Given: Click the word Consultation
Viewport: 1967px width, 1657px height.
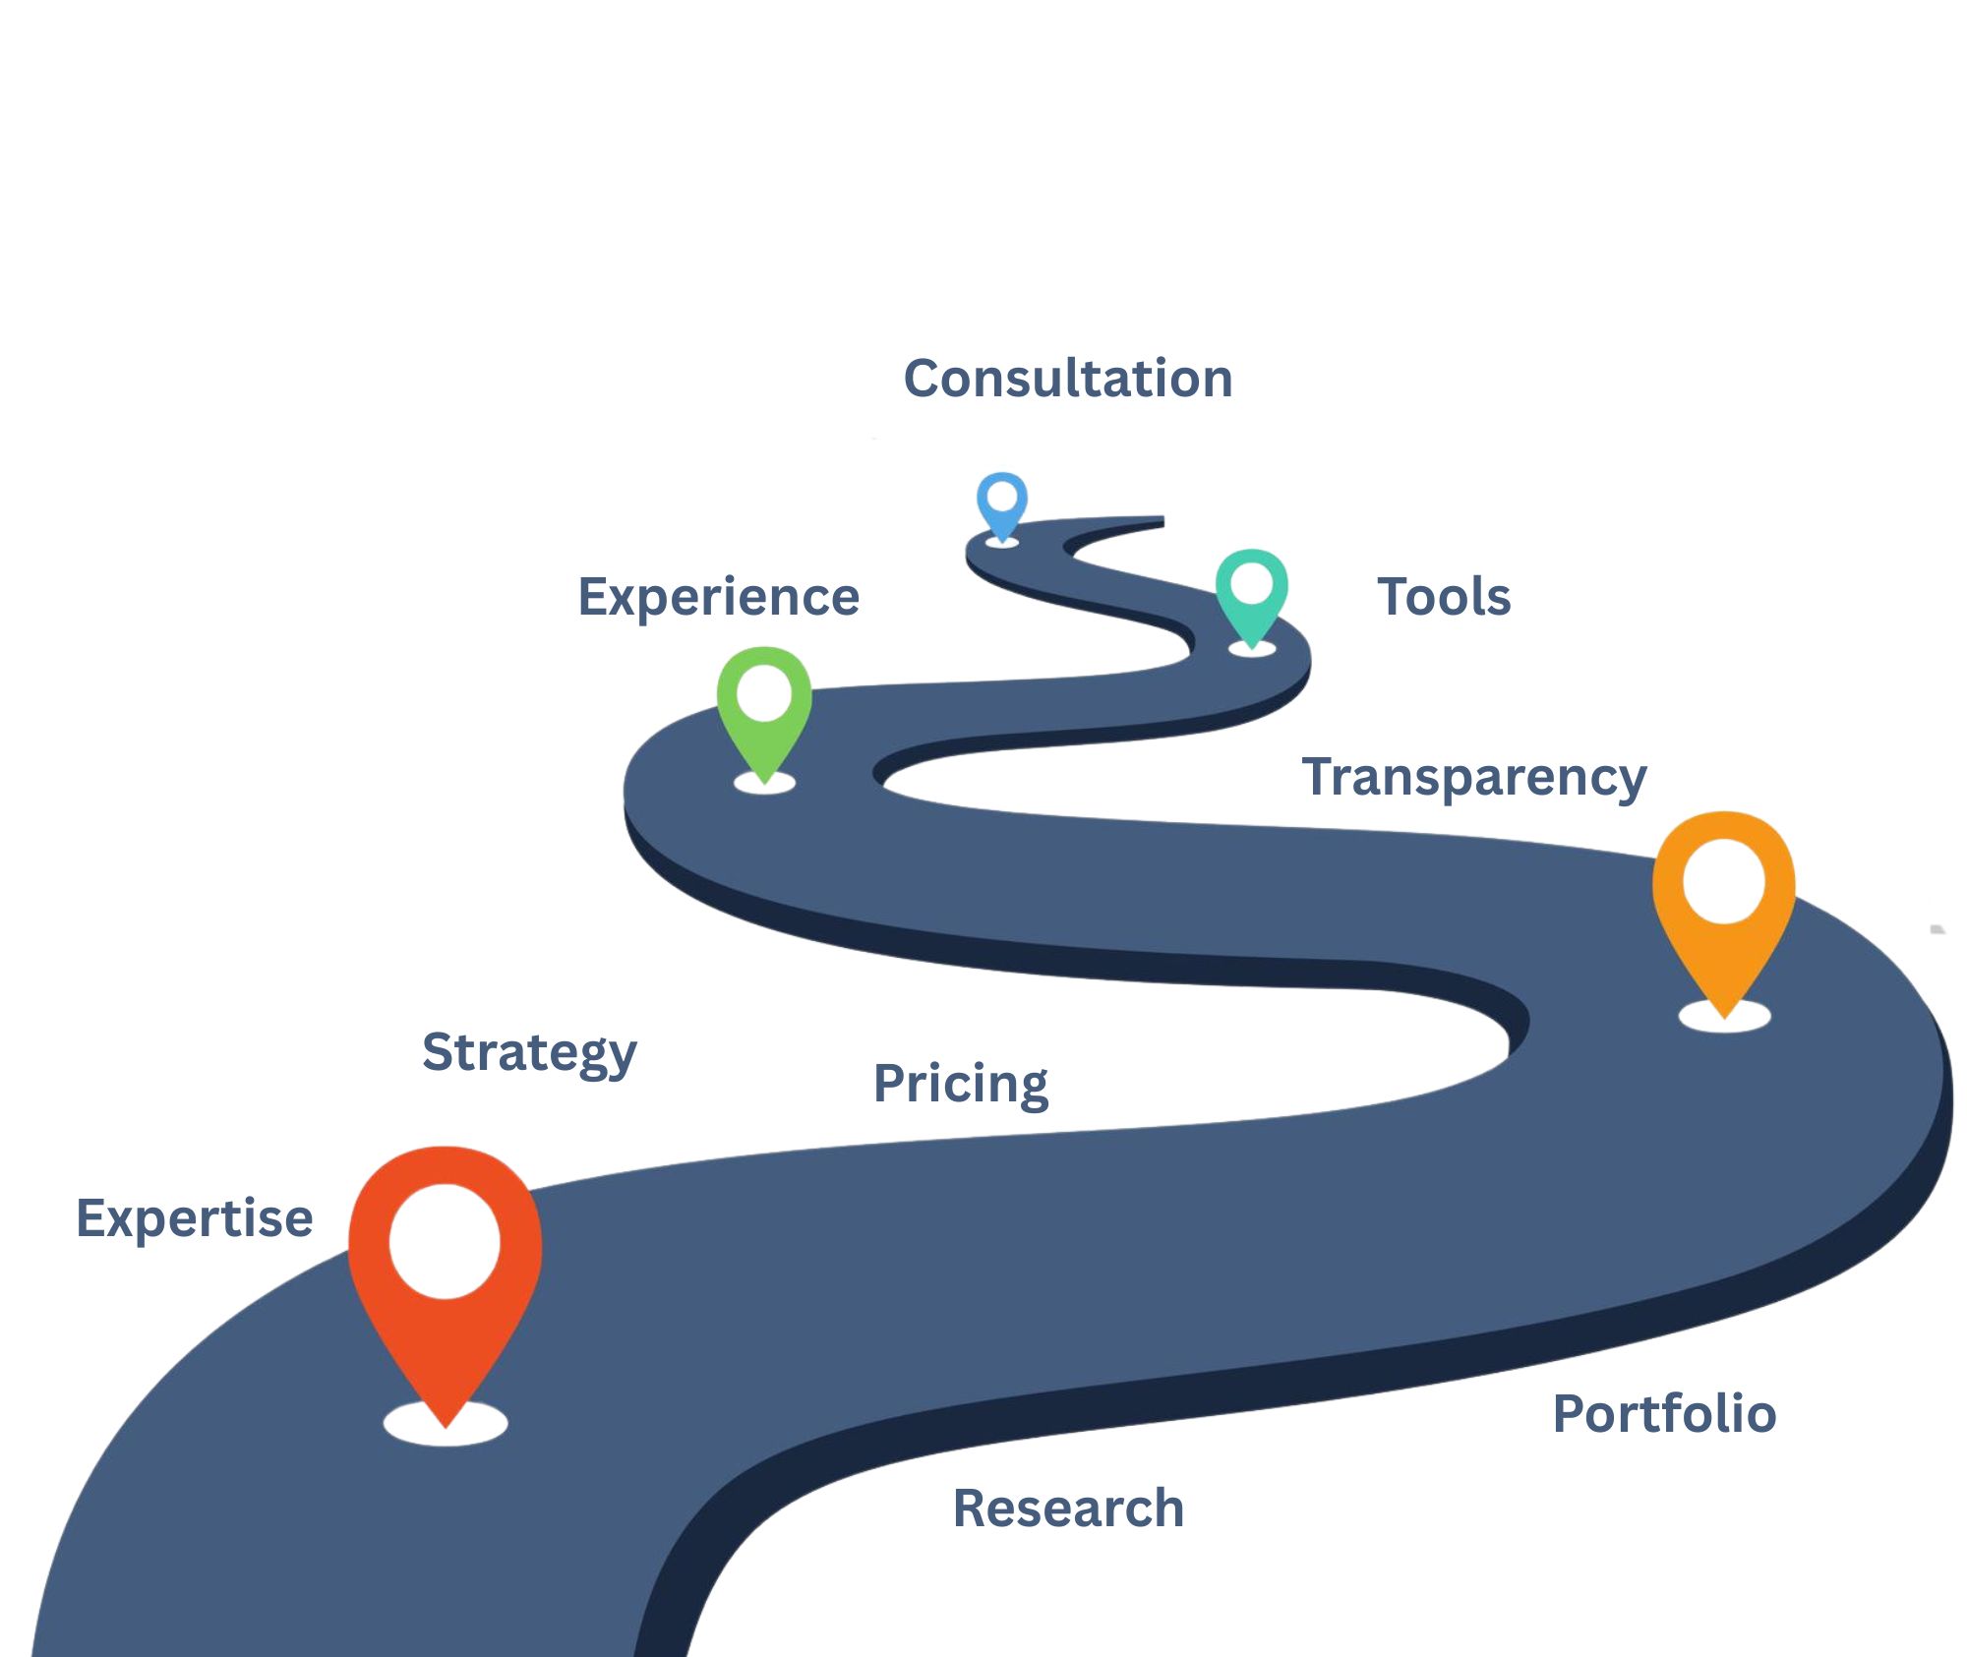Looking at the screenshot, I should coord(1067,379).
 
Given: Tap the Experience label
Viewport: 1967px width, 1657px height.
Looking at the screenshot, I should coord(718,597).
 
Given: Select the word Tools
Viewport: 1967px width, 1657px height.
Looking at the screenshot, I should coord(1444,597).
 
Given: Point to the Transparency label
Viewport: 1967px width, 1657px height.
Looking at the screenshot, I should coord(1473,777).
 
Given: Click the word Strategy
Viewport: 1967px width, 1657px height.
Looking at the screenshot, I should coord(529,1052).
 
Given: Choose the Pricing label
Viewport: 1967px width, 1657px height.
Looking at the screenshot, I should coord(960,1084).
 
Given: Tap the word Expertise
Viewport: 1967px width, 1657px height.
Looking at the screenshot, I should coord(195,1218).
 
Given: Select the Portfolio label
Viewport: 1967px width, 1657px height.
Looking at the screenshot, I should coord(1664,1414).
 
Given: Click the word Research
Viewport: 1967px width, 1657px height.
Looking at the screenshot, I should coord(1068,1509).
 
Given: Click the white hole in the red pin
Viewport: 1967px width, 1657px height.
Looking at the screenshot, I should coord(445,1241).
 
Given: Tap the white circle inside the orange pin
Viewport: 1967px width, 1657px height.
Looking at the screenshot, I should coord(1723,881).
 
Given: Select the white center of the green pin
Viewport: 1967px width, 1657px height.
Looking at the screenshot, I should coord(764,693).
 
